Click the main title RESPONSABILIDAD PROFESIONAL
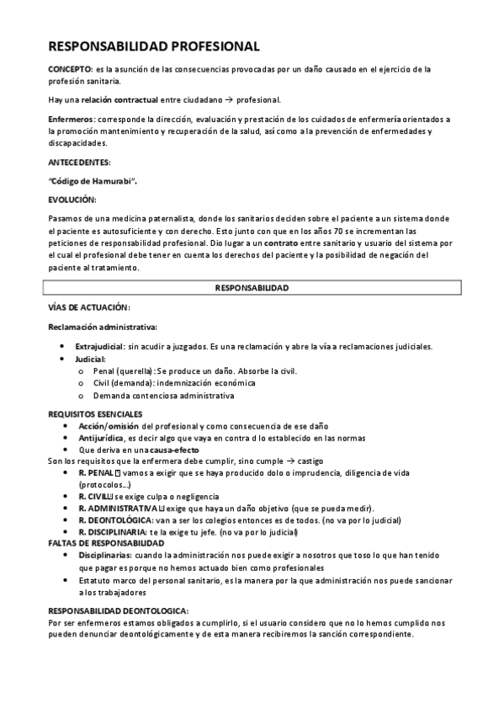[154, 47]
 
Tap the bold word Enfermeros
[71, 120]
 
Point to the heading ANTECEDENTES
[79, 161]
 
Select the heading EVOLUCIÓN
[72, 200]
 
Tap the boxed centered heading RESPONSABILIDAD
[252, 288]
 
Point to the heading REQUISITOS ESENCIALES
[95, 413]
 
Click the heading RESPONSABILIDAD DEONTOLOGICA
[118, 610]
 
